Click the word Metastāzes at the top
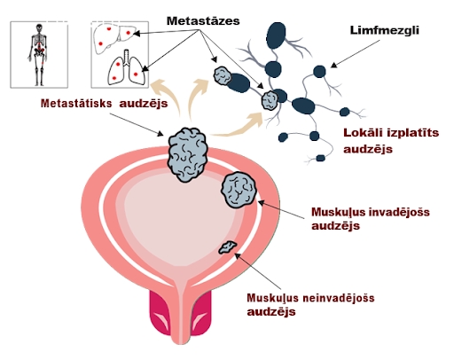(x=203, y=21)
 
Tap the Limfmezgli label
(x=384, y=30)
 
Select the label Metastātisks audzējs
(x=104, y=104)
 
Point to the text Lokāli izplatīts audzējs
(x=391, y=141)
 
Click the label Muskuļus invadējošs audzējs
(x=371, y=219)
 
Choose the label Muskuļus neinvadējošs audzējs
(x=310, y=304)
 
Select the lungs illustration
(x=127, y=68)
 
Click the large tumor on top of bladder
(x=187, y=154)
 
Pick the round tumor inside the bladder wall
(x=239, y=190)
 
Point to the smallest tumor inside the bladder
(x=227, y=247)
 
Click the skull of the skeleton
(x=39, y=28)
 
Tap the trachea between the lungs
(x=127, y=57)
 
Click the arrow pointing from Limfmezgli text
(x=355, y=54)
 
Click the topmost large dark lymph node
(x=276, y=35)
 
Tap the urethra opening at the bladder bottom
(x=180, y=340)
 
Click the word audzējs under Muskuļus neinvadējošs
(x=271, y=312)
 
